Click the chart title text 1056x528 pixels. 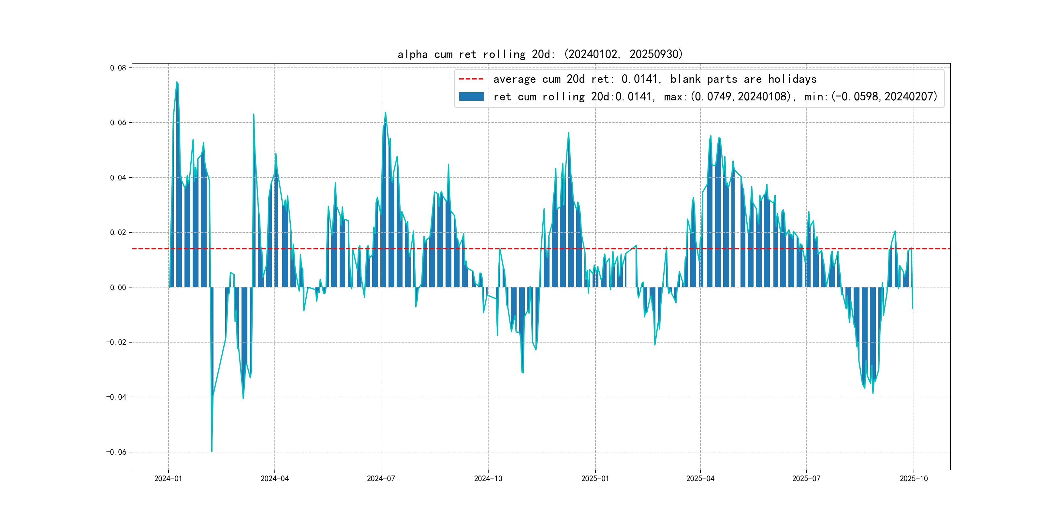pyautogui.click(x=540, y=54)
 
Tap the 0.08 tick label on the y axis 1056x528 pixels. pyautogui.click(x=118, y=68)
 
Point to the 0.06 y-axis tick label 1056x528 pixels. pyautogui.click(x=118, y=123)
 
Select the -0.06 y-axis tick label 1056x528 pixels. pyautogui.click(x=116, y=452)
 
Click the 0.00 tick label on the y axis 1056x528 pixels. pyautogui.click(x=118, y=287)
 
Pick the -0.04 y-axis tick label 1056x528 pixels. pyautogui.click(x=116, y=397)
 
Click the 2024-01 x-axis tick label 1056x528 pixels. pyautogui.click(x=168, y=478)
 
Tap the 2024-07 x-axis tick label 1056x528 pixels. pyautogui.click(x=381, y=478)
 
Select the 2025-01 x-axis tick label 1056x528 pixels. pyautogui.click(x=595, y=478)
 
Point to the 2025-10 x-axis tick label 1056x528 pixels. pyautogui.click(x=914, y=478)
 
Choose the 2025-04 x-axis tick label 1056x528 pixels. pyautogui.click(x=700, y=478)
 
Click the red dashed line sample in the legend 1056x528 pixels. pyautogui.click(x=471, y=79)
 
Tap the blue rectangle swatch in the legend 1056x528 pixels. pyautogui.click(x=471, y=96)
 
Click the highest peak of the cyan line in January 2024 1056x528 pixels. pyautogui.click(x=177, y=82)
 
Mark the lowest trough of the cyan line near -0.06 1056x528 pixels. pyautogui.click(x=212, y=451)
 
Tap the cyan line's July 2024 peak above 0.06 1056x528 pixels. pyautogui.click(x=385, y=112)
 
